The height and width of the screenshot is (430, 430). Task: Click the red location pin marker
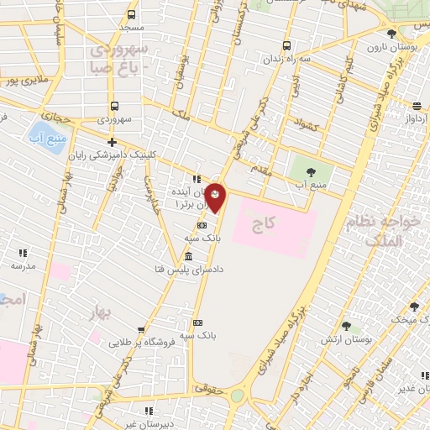tap(216, 197)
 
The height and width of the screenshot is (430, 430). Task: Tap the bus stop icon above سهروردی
tap(114, 107)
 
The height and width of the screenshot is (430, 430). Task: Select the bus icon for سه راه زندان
tap(287, 45)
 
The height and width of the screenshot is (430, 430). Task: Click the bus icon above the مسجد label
tap(131, 14)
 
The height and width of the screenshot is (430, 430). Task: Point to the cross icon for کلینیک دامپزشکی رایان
tap(112, 143)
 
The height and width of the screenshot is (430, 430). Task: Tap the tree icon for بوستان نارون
tap(391, 34)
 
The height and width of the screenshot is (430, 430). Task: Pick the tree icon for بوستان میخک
tap(413, 307)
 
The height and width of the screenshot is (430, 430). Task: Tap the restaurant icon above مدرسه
tap(23, 252)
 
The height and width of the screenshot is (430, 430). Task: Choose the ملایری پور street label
tap(22, 82)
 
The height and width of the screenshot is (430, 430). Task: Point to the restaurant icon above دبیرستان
tap(149, 411)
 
